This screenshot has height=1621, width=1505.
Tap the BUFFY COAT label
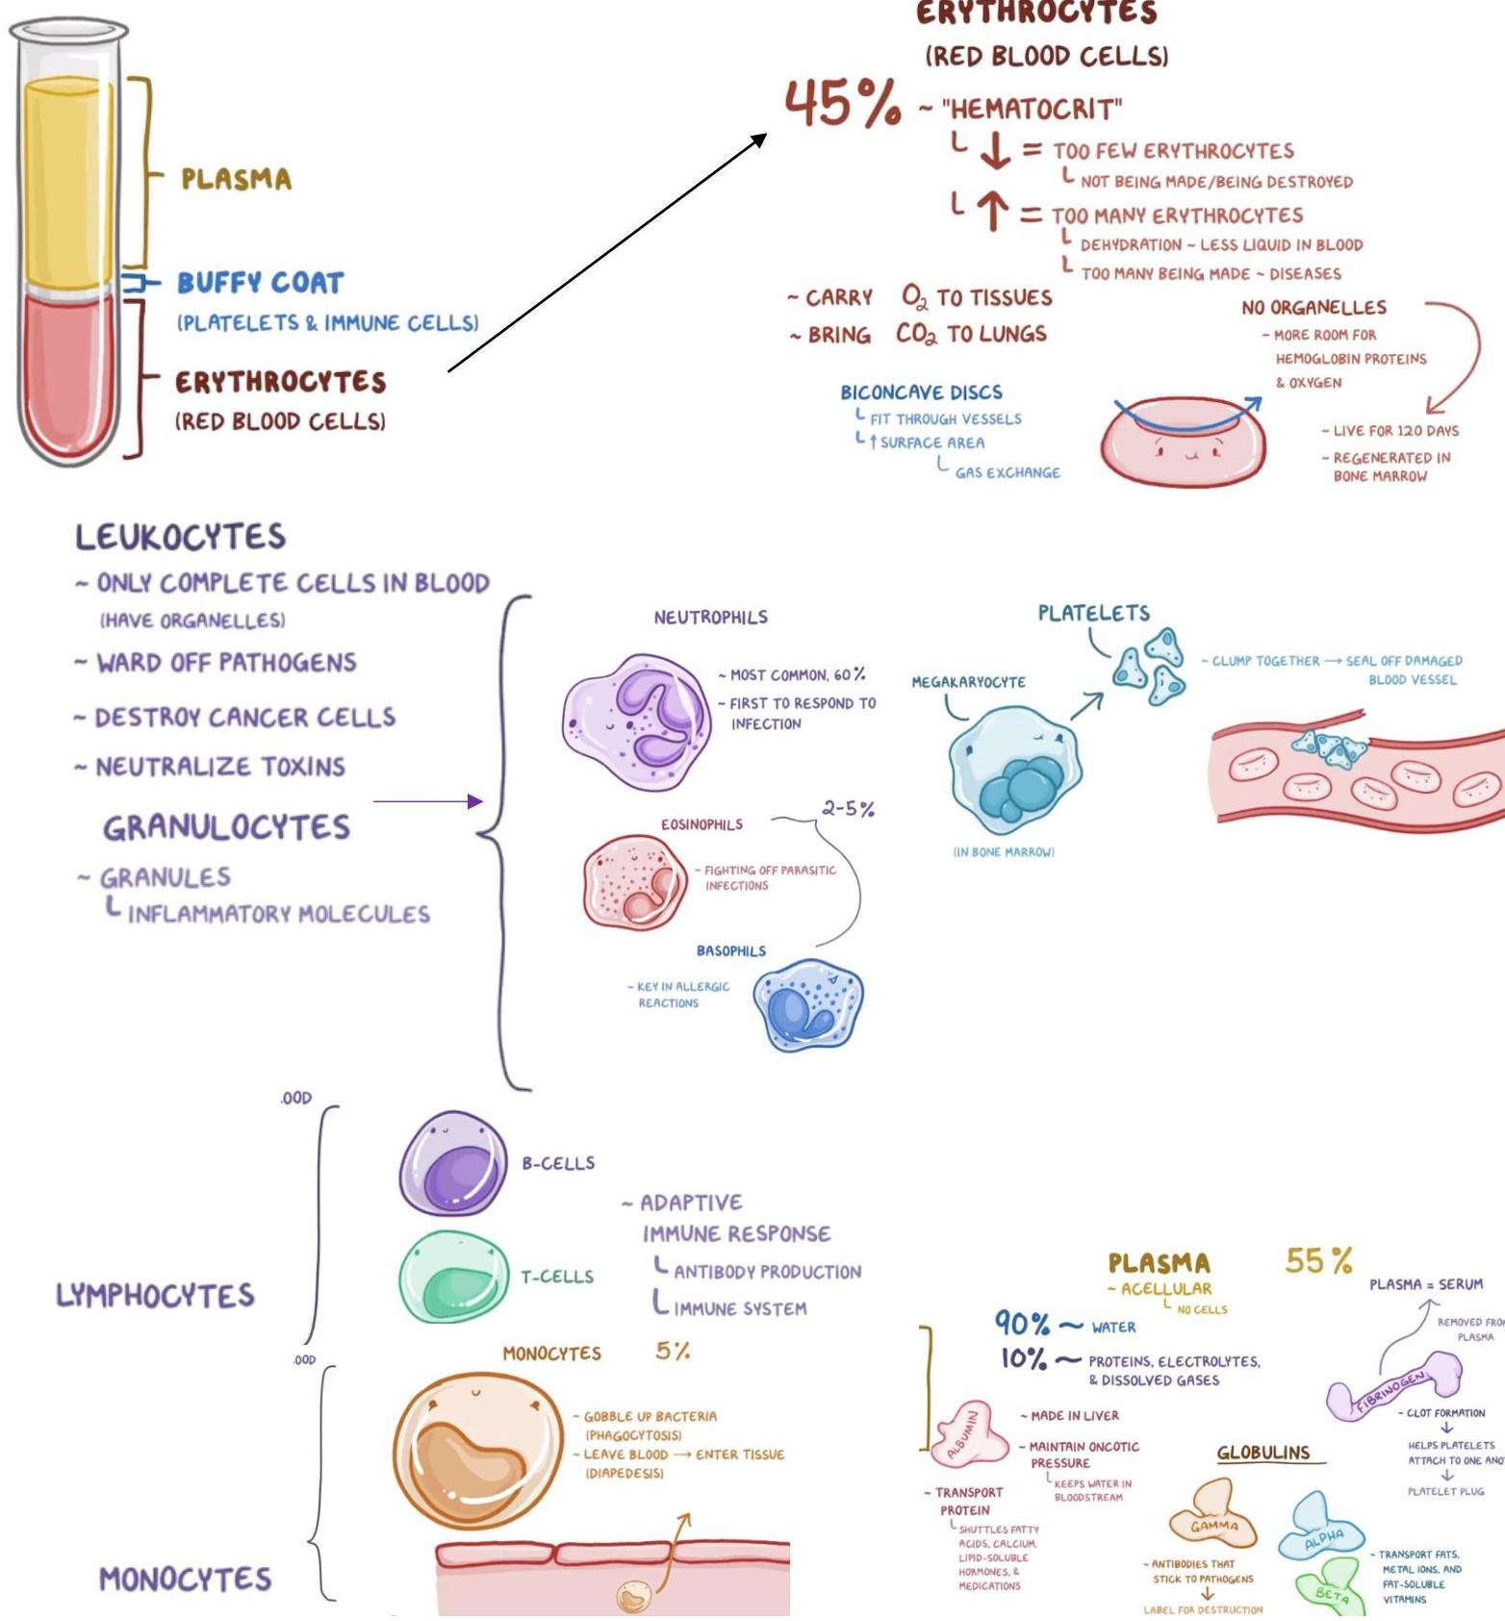260,283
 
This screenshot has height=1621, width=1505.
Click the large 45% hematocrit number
843,103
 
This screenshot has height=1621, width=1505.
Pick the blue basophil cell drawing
808,1005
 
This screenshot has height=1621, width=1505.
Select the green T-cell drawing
452,1277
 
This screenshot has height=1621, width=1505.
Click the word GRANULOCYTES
226,827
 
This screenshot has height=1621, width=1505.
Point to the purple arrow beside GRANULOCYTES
427,801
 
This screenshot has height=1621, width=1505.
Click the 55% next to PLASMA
1318,1260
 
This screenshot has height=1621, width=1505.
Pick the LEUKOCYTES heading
181,537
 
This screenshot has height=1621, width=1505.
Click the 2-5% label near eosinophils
848,809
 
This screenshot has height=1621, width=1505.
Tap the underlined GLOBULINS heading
1263,1453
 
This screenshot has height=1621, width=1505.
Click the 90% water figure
1022,1325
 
